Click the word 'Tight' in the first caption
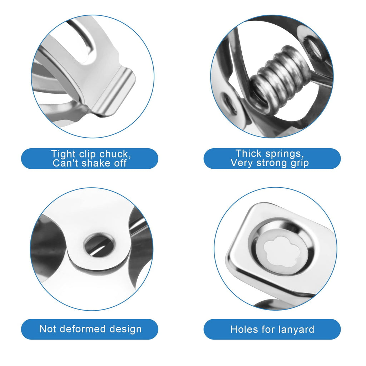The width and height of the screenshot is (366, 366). click(x=64, y=154)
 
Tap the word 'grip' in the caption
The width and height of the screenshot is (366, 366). click(x=300, y=163)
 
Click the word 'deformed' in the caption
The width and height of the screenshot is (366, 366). click(x=84, y=329)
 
